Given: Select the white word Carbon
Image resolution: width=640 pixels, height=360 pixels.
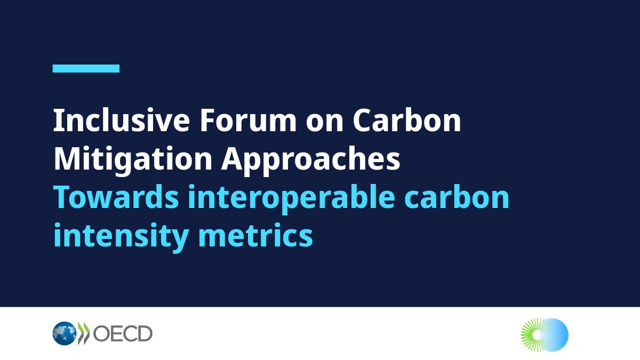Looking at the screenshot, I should [x=407, y=121].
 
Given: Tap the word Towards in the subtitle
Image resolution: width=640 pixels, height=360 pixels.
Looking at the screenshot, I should [x=114, y=198].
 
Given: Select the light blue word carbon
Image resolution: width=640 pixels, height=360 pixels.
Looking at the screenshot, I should [x=459, y=198].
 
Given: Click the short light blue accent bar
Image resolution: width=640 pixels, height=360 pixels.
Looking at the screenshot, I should [x=86, y=68].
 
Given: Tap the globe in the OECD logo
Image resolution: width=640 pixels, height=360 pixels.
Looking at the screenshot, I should [x=64, y=333].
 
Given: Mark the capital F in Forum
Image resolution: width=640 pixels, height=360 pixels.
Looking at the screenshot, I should [x=206, y=121].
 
